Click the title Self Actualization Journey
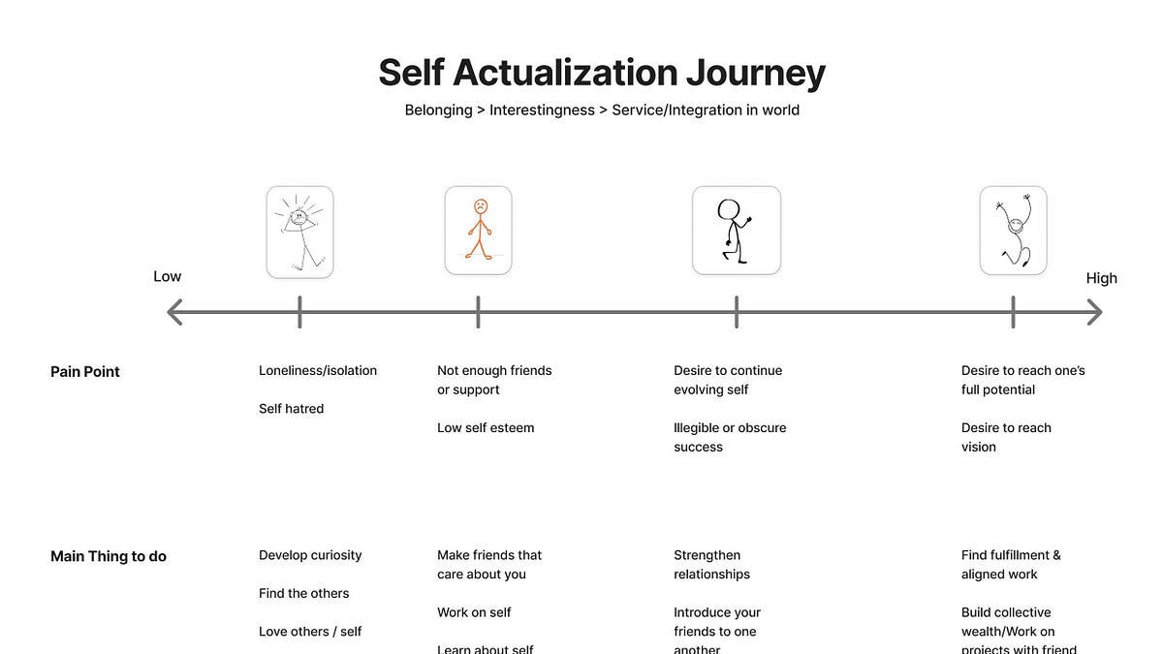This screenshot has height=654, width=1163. [x=601, y=73]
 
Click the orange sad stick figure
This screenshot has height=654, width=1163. [x=479, y=231]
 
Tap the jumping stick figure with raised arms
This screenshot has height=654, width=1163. [x=1013, y=231]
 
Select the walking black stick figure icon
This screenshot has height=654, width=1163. [x=736, y=231]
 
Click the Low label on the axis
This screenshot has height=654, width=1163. [x=167, y=276]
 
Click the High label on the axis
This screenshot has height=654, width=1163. [x=1101, y=278]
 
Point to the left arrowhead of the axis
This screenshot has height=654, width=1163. [x=174, y=312]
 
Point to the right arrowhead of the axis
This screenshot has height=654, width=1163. [x=1095, y=312]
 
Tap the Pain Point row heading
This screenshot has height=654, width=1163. [x=85, y=371]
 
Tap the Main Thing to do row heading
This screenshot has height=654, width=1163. [x=109, y=556]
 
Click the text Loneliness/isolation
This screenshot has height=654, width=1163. [x=318, y=370]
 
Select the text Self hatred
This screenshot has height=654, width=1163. [x=291, y=409]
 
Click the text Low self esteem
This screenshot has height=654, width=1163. [x=486, y=427]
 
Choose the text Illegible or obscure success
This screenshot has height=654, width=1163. [x=729, y=437]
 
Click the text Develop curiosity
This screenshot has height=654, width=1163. [x=310, y=555]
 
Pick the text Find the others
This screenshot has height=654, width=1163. [x=303, y=593]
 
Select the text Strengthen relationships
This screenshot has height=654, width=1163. [x=711, y=565]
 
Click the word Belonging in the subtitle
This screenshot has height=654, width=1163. [x=438, y=109]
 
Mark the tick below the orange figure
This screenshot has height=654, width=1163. [x=478, y=312]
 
